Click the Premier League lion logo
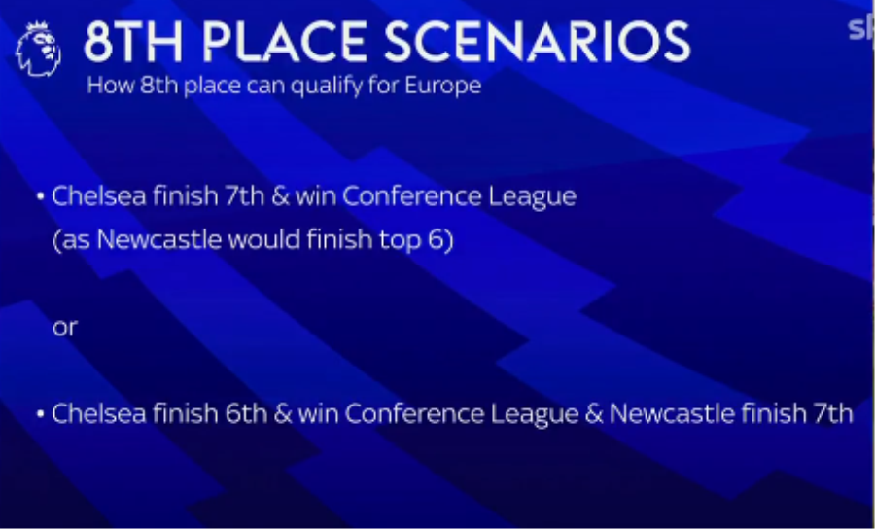click(x=39, y=49)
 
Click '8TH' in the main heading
click(x=133, y=43)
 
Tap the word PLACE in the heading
click(x=285, y=43)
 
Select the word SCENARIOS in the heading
click(x=537, y=43)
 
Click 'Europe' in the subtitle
click(x=442, y=86)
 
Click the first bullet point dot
click(x=40, y=196)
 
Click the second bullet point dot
click(x=40, y=414)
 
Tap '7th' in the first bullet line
click(x=244, y=195)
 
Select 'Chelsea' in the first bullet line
click(x=99, y=195)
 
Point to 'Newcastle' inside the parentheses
click(x=159, y=239)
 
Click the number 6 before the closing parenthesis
click(x=438, y=239)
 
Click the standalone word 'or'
click(x=65, y=328)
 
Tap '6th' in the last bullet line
click(x=246, y=413)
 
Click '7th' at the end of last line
click(x=833, y=413)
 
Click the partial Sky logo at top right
click(x=861, y=29)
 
